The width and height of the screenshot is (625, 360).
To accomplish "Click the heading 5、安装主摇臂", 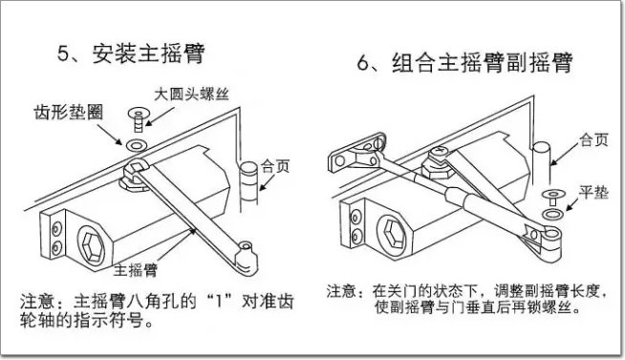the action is click(131, 53).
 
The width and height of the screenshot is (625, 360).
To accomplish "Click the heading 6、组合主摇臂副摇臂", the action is click(464, 63).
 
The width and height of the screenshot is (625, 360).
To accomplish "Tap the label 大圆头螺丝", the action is click(192, 94).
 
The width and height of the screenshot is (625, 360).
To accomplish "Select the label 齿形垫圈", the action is click(69, 112).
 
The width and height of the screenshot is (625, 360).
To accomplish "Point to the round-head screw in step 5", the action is click(138, 119).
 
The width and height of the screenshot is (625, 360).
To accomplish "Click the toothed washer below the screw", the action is click(137, 145).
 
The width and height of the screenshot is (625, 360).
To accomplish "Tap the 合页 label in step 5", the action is click(275, 166).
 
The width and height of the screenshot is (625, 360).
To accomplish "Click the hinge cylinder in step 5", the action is click(248, 183).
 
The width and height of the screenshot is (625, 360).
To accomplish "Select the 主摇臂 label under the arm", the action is click(136, 270).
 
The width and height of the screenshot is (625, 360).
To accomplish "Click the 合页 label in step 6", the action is click(593, 139).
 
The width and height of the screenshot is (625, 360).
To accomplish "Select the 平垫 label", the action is click(593, 193).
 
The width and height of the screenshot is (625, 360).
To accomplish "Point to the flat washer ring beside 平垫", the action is click(553, 214).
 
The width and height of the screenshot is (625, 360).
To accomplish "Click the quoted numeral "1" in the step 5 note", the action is click(219, 302).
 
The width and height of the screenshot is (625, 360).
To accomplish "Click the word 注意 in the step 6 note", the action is click(341, 291).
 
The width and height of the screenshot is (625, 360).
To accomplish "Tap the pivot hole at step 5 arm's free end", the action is click(246, 245).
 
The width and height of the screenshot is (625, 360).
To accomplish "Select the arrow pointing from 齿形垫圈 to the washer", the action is click(110, 135).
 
